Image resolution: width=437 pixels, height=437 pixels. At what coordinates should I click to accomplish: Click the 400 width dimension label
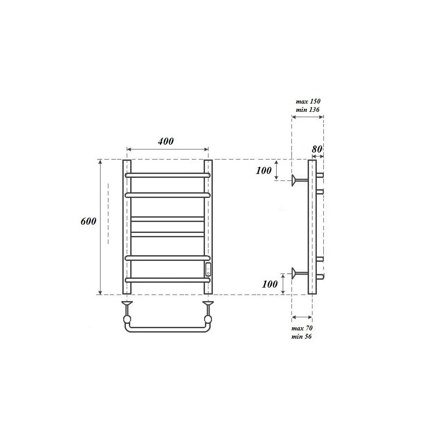166,141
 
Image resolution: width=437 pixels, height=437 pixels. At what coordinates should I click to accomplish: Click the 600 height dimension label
88,221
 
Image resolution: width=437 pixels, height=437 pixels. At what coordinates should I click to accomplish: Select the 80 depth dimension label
317,149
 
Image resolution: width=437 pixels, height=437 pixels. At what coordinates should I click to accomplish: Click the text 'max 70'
302,328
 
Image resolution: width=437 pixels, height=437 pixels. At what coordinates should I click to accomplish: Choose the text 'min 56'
302,336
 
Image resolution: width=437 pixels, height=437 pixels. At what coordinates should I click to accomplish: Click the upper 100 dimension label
264,171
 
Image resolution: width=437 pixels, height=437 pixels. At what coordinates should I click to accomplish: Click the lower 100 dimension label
270,284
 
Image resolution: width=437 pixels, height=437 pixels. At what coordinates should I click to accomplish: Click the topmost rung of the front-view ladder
167,175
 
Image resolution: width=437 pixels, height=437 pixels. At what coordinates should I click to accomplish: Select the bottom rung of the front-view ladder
167,280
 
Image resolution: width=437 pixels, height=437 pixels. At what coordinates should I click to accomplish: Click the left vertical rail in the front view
127,227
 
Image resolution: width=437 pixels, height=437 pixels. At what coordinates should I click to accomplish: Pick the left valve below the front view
127,311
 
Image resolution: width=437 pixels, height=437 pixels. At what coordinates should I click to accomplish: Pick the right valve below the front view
208,311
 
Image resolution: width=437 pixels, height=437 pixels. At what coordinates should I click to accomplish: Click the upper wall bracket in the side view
299,179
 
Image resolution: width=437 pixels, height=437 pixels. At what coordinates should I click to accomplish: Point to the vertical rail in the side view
312,227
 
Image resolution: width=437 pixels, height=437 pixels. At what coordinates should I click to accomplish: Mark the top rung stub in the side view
320,175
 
